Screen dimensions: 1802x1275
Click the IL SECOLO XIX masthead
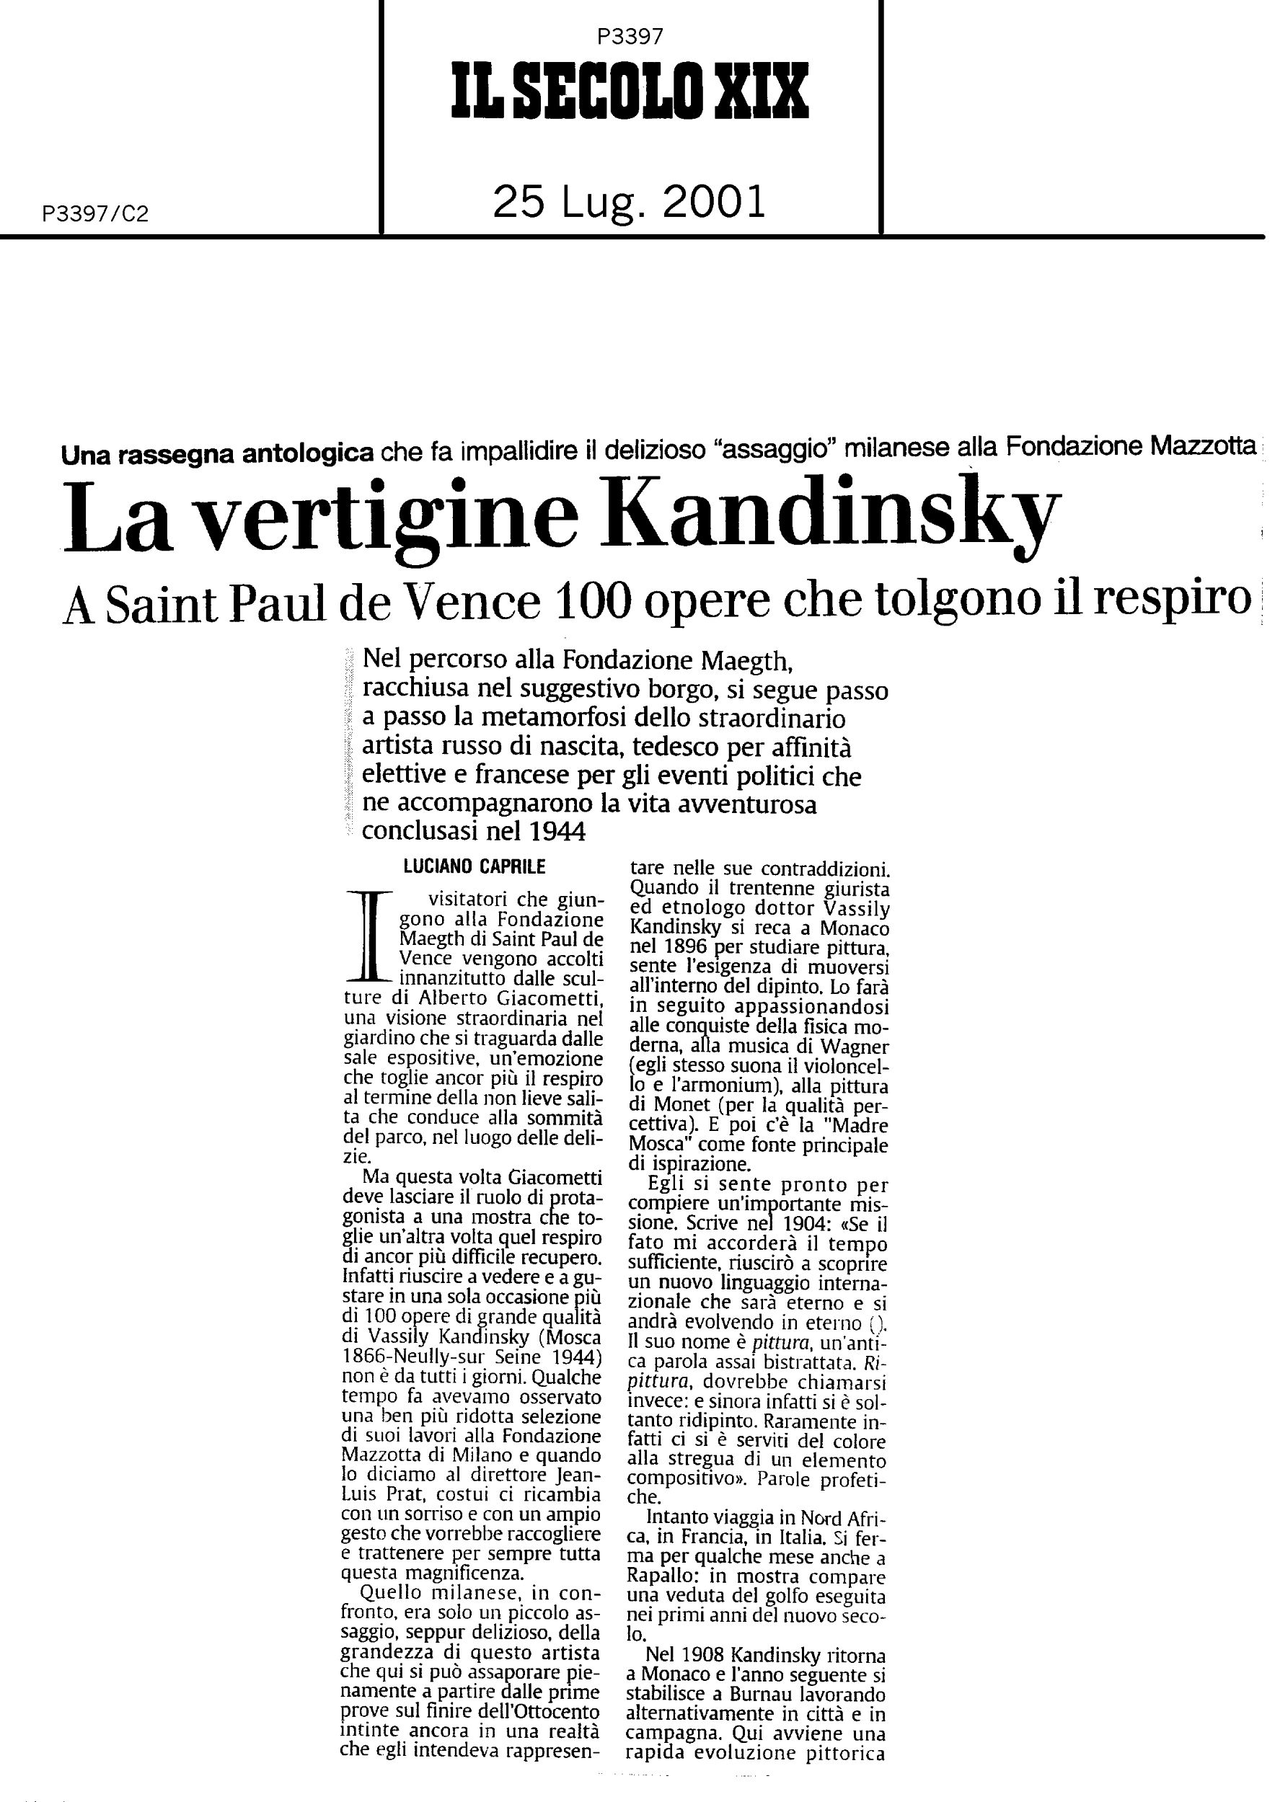click(629, 92)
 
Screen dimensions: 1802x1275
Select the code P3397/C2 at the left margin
click(96, 214)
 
